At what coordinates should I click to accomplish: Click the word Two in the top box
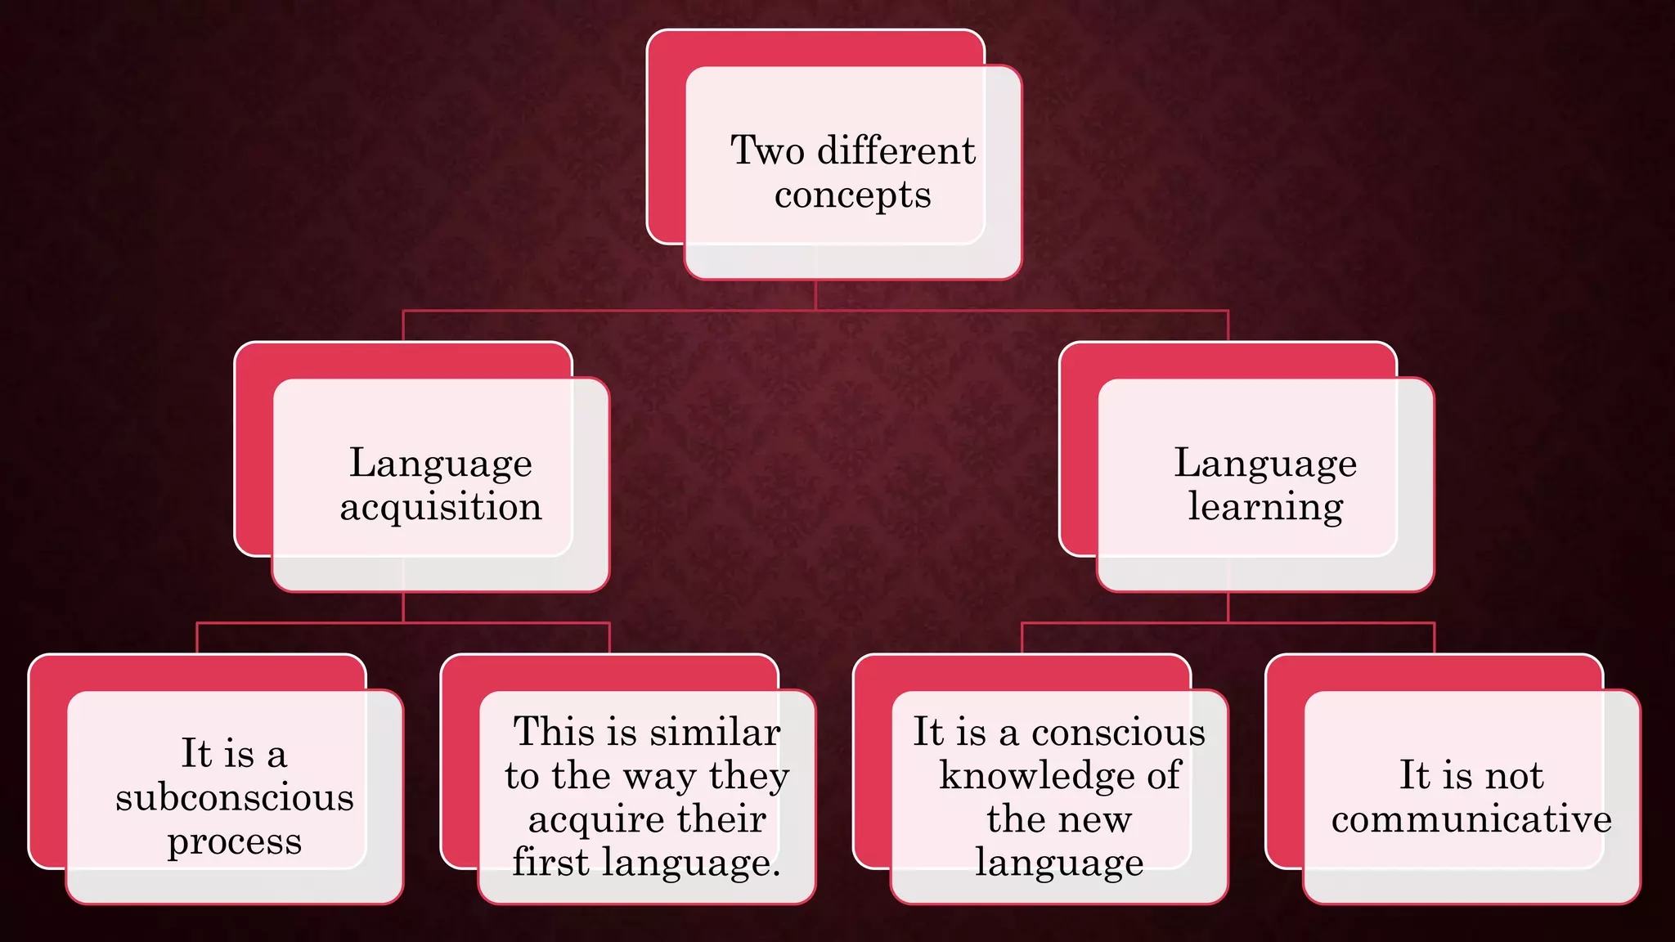[x=767, y=150]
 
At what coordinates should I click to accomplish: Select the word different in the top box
[x=896, y=150]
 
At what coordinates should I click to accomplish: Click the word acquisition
[x=441, y=508]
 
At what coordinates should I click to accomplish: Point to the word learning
[x=1265, y=508]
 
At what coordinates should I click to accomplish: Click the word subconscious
[x=235, y=797]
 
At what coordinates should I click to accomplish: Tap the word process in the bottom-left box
[x=235, y=842]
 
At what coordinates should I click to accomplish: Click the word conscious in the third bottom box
[x=1118, y=732]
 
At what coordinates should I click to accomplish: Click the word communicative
[x=1471, y=819]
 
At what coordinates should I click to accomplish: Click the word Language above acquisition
[x=441, y=464]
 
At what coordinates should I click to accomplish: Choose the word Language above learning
[x=1265, y=464]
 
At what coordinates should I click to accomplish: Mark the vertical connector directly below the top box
[x=815, y=295]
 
